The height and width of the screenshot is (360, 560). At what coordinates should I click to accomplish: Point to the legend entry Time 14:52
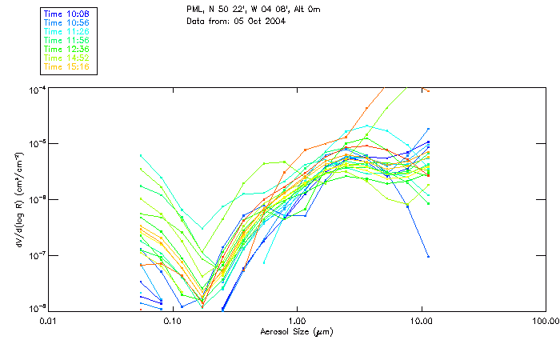pyautogui.click(x=66, y=58)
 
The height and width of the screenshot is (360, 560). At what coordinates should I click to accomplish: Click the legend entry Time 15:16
pyautogui.click(x=66, y=67)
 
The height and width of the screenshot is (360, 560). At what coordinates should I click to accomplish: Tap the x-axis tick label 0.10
pyautogui.click(x=172, y=322)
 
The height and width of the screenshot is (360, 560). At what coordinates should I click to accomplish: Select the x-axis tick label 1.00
pyautogui.click(x=297, y=322)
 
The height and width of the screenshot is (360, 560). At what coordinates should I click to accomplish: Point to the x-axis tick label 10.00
pyautogui.click(x=421, y=322)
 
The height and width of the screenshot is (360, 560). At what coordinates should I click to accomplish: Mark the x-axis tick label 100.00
pyautogui.click(x=544, y=322)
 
